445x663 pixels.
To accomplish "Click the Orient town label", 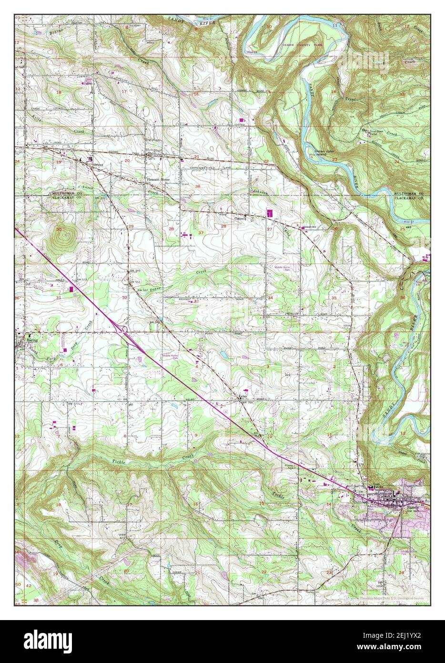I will pos(98,165).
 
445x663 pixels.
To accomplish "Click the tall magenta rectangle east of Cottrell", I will pos(270,213).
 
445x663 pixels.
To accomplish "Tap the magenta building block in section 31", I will pos(72,289).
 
